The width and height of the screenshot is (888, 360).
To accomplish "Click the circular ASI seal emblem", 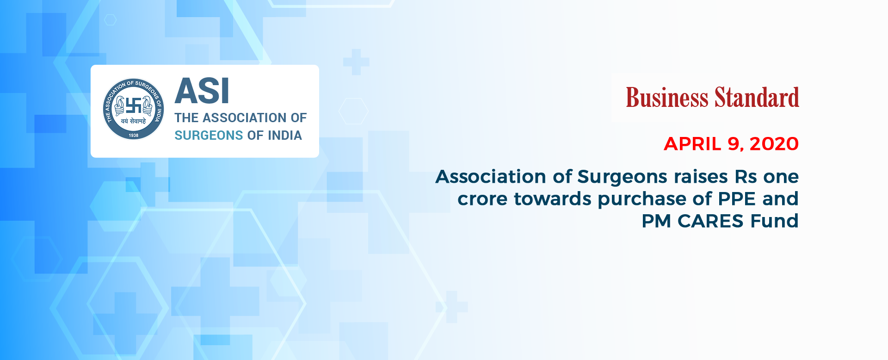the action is (133, 109).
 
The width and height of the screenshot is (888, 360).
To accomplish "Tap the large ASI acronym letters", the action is (202, 91).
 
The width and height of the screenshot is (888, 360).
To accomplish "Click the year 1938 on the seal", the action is (134, 135).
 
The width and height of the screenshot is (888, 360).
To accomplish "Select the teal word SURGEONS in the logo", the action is (209, 135).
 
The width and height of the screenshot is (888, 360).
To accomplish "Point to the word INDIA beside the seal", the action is (285, 135).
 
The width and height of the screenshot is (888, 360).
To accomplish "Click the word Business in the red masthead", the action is (667, 98).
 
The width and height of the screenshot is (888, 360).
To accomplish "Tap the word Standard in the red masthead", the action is (757, 98).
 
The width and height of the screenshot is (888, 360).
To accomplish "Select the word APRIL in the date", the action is (692, 144).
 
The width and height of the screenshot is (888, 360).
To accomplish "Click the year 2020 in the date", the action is (774, 144).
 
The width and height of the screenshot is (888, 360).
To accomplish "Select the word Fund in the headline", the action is (775, 221).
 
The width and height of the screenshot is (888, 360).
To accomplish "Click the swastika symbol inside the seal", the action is (134, 106).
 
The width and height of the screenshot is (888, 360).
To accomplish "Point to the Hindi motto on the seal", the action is (134, 121).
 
